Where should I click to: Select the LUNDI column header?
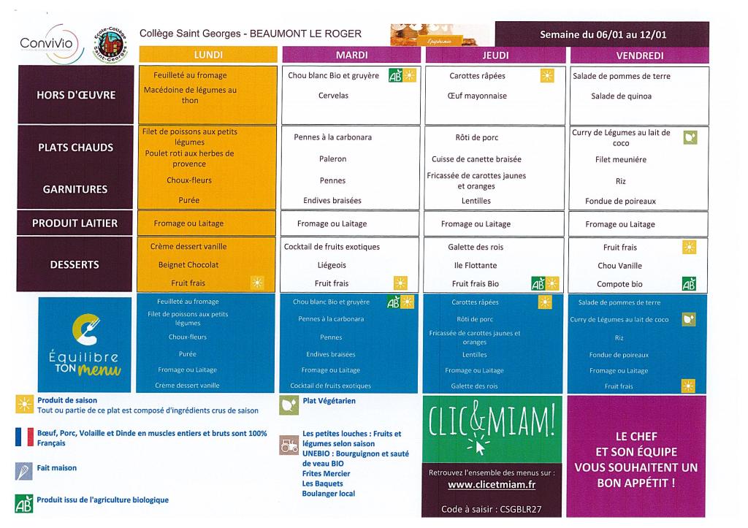click(208, 55)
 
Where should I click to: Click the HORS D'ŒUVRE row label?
click(76, 95)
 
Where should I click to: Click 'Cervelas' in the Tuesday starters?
click(333, 96)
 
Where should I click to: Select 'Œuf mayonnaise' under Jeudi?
click(476, 96)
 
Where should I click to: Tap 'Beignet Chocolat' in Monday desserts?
click(188, 264)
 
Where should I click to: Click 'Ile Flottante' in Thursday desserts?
click(476, 265)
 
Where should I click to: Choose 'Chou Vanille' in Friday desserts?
click(619, 266)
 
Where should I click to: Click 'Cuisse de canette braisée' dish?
click(476, 159)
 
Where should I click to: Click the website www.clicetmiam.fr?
click(491, 484)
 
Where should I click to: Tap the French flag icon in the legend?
click(24, 437)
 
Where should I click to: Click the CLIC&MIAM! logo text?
click(491, 420)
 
